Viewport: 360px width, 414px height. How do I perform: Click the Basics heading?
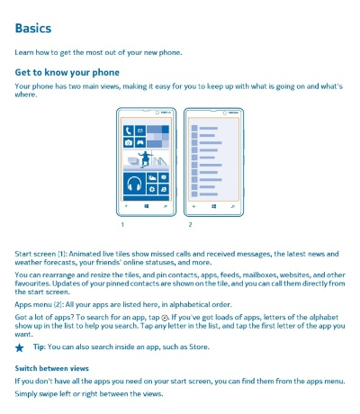[x=32, y=28]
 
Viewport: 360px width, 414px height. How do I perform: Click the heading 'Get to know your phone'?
[x=67, y=72]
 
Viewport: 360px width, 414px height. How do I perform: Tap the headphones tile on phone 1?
[x=134, y=184]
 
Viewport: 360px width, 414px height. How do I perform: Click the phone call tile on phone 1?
[x=129, y=130]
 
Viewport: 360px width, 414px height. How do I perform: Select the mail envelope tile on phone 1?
[x=139, y=130]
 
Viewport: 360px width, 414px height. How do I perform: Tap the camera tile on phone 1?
[x=129, y=142]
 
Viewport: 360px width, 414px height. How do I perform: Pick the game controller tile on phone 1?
[x=139, y=142]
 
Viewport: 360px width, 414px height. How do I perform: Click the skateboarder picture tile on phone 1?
[x=145, y=159]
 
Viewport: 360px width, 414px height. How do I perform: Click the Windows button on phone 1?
[x=146, y=206]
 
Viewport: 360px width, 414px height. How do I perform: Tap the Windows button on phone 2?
[x=212, y=206]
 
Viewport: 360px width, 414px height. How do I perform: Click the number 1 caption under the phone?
[x=121, y=224]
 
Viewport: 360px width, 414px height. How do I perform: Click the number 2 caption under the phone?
[x=190, y=224]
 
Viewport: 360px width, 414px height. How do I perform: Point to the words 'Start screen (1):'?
[x=40, y=256]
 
